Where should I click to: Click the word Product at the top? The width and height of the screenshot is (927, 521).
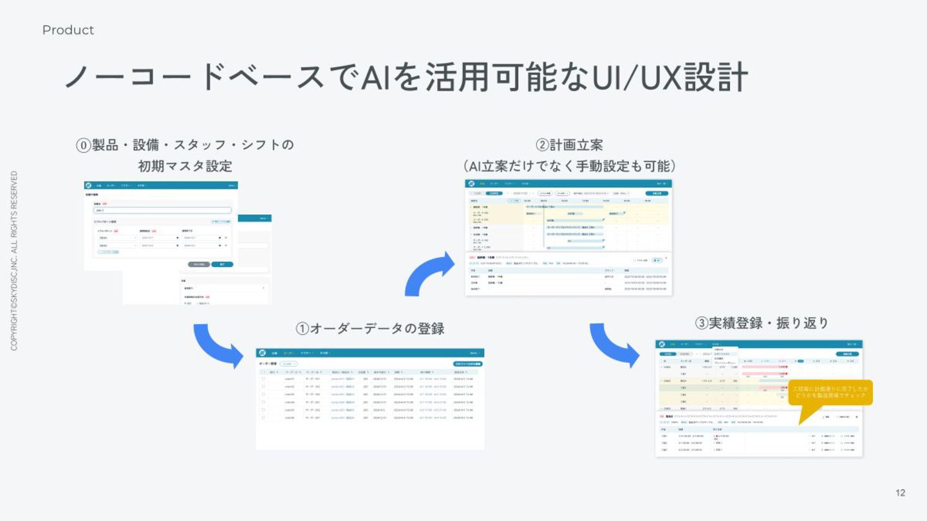click(x=68, y=30)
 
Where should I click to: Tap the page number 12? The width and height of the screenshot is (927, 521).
click(x=900, y=493)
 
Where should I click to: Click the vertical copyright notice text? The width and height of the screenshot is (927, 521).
click(x=14, y=261)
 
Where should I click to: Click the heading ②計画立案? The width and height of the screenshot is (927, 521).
click(x=569, y=145)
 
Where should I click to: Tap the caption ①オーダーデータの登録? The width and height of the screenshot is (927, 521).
click(x=370, y=329)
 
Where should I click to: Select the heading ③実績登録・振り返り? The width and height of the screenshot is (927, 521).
click(x=762, y=323)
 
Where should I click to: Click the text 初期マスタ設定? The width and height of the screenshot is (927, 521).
click(x=185, y=166)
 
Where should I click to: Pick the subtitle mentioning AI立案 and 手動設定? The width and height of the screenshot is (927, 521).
click(x=569, y=166)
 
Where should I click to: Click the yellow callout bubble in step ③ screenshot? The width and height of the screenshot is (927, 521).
click(x=830, y=392)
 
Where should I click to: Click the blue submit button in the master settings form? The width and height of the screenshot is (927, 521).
click(x=222, y=264)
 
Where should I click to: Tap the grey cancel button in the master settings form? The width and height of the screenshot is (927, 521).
click(x=199, y=264)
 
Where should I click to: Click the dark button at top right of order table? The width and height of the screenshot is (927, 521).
click(x=467, y=364)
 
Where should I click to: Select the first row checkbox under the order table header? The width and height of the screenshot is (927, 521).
click(x=263, y=379)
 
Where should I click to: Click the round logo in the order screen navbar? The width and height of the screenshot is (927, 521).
click(x=262, y=353)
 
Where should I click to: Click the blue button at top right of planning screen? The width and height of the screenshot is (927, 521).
click(x=657, y=193)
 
